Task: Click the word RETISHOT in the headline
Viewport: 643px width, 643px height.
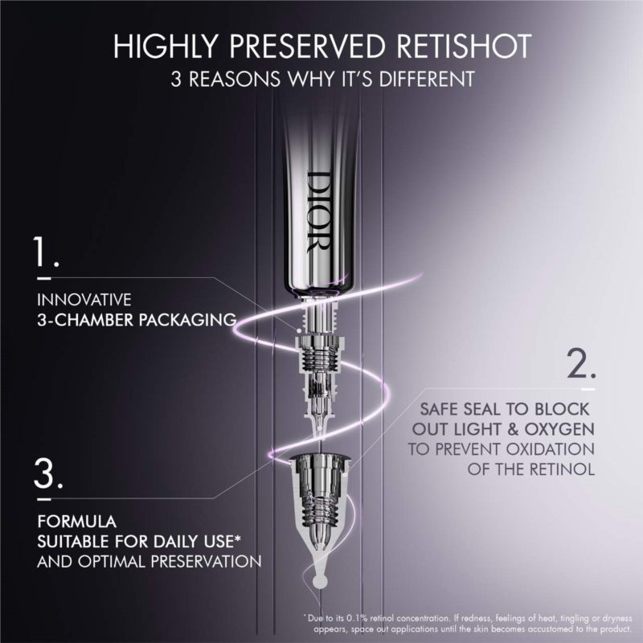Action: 464,46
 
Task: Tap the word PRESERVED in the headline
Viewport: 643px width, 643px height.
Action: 307,46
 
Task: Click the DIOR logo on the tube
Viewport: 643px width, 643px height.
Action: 317,212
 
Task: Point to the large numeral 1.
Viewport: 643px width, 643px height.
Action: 46,251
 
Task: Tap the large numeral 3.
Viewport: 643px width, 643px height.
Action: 48,473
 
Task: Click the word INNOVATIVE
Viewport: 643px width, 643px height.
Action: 84,300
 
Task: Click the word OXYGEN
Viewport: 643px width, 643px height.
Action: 559,429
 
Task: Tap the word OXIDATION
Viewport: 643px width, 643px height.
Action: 550,448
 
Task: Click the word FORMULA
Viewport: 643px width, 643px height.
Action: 77,521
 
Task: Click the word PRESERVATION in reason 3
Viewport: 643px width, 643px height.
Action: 206,561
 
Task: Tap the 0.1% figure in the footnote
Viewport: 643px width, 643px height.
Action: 357,618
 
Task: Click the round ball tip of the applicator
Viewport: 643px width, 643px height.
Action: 319,581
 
